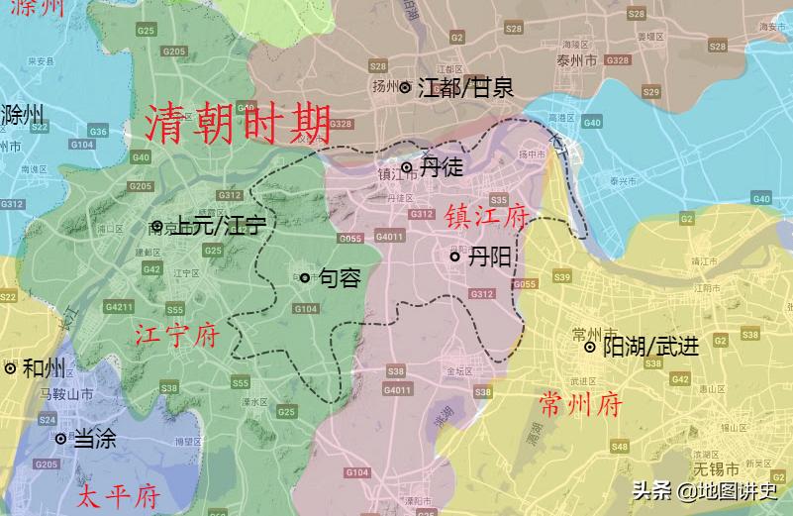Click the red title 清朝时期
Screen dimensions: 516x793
point(238,124)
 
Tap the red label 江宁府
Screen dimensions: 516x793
point(176,336)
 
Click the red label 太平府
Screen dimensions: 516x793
point(119,495)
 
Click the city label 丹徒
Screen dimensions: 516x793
point(441,167)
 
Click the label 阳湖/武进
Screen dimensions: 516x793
point(650,347)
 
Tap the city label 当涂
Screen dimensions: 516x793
point(94,438)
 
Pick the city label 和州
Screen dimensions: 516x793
point(43,368)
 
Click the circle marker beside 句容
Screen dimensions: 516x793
point(305,277)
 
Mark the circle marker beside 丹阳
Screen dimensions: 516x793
point(454,257)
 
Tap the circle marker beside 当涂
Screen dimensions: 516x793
point(60,438)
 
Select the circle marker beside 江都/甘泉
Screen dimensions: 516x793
point(405,87)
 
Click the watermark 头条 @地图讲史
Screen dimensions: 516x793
point(704,490)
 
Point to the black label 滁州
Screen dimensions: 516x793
point(25,114)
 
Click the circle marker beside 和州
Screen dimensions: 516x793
point(10,368)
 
